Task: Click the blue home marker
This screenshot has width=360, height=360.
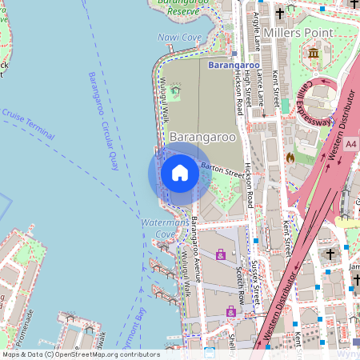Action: (180, 173)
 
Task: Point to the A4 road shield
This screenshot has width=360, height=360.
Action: (352, 144)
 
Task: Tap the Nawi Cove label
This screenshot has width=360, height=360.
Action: (180, 38)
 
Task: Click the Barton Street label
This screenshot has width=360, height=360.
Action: (222, 169)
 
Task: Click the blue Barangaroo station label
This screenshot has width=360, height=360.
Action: (233, 64)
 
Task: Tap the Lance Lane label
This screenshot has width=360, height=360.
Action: (262, 89)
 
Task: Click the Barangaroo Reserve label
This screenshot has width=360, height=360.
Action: (178, 7)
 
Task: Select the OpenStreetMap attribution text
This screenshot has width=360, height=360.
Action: (82, 354)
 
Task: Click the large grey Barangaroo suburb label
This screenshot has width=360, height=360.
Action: (203, 137)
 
